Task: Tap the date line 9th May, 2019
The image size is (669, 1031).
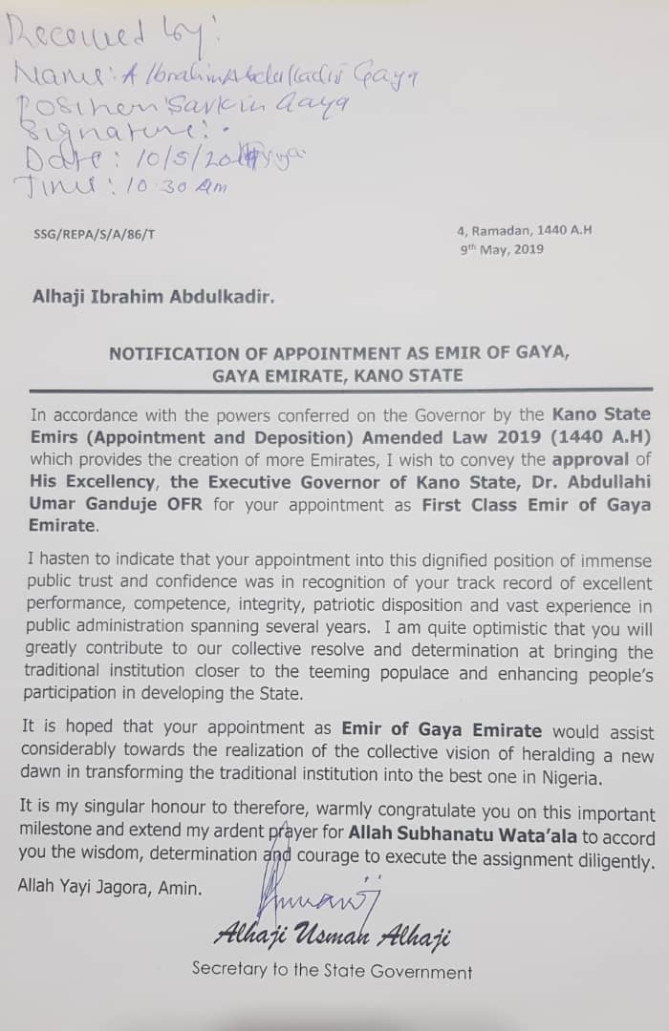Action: (501, 249)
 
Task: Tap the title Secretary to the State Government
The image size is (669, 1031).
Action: (332, 972)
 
